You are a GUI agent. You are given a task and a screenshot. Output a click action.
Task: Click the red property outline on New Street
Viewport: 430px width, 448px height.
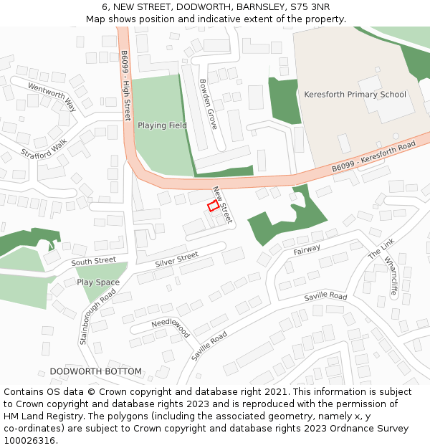coord(213,206)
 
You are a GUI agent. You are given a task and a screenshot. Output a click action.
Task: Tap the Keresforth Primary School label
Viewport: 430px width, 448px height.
coord(355,95)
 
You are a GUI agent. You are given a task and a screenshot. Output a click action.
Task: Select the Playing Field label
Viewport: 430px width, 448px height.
coord(162,125)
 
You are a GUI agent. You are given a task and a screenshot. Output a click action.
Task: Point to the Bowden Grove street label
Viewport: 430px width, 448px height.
coord(208,103)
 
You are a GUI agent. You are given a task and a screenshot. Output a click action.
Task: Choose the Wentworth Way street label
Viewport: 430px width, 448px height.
coord(52,97)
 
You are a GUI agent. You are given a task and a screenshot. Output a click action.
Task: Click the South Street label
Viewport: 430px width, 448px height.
coord(93,261)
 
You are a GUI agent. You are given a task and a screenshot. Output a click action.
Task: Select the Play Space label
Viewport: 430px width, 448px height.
coord(98,282)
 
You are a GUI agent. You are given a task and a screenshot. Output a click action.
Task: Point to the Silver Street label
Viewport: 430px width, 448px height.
coord(176,259)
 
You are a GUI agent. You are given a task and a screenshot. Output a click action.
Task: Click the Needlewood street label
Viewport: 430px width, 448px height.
coord(171,327)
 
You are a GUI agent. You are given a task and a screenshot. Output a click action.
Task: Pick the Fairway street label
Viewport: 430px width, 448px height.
coord(307,249)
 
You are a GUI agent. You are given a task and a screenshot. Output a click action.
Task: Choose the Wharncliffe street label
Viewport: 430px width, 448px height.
coord(391,277)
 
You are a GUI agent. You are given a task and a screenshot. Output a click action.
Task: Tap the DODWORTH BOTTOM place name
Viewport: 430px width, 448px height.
coord(95,371)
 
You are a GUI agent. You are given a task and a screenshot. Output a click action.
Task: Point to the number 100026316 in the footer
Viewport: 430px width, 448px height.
coord(29,440)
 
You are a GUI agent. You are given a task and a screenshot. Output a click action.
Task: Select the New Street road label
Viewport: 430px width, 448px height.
coord(222,204)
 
